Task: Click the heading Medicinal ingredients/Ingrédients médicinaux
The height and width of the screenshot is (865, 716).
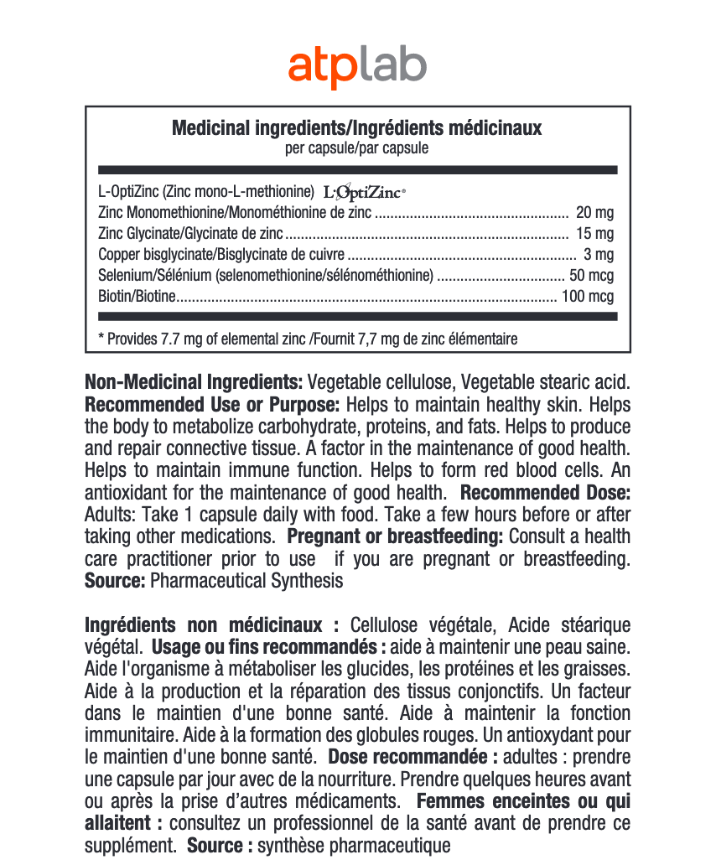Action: pyautogui.click(x=357, y=128)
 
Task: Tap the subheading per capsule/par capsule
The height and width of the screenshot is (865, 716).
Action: pyautogui.click(x=357, y=148)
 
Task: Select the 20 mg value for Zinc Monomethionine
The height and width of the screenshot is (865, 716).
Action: pyautogui.click(x=595, y=213)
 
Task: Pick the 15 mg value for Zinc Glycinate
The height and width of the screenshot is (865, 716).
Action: pyautogui.click(x=595, y=234)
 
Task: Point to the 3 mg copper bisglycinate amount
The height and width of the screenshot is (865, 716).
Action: pyautogui.click(x=599, y=255)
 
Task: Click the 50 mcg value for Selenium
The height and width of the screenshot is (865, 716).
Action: pyautogui.click(x=591, y=276)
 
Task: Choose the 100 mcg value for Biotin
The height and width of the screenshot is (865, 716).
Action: pyautogui.click(x=588, y=297)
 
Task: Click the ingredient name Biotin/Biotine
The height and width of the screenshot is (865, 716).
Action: pyautogui.click(x=138, y=297)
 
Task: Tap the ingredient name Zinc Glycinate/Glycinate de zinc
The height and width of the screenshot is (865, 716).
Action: pyautogui.click(x=190, y=234)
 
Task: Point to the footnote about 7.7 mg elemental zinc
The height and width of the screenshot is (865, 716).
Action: pyautogui.click(x=308, y=339)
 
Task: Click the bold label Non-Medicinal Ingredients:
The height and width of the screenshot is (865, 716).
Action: pyautogui.click(x=194, y=383)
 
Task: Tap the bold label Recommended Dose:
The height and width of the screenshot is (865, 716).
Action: pyautogui.click(x=545, y=492)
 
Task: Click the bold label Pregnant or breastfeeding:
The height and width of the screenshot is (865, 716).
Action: pyautogui.click(x=395, y=536)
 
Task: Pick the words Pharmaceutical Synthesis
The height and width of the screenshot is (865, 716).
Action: pyautogui.click(x=247, y=580)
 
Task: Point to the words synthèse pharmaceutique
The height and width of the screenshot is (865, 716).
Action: pyautogui.click(x=354, y=846)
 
